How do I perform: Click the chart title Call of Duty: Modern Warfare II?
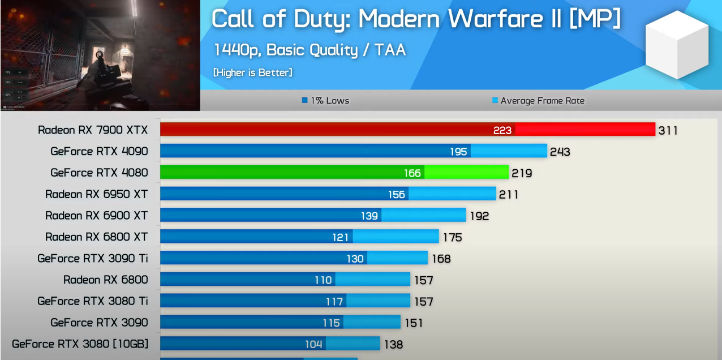coord(416,20)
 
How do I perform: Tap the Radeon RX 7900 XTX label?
coord(93,130)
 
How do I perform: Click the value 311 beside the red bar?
coord(668,131)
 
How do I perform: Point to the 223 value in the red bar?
coord(502,130)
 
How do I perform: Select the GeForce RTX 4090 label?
coord(99,151)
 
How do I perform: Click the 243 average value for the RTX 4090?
coord(560,152)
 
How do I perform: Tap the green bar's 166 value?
coord(412,173)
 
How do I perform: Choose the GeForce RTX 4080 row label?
coord(99,173)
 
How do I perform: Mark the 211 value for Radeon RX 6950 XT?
coord(509,195)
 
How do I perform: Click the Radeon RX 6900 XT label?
coord(97,216)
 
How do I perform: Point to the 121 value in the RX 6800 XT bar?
coord(341,237)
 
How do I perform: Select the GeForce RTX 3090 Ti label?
coord(93,258)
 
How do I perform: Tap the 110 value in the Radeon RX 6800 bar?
coord(323,280)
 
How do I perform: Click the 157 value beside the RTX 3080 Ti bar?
coord(423,301)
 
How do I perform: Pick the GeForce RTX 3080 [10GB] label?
coord(80,344)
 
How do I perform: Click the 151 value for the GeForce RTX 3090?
coord(414,323)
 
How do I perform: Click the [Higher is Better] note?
coord(253,72)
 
